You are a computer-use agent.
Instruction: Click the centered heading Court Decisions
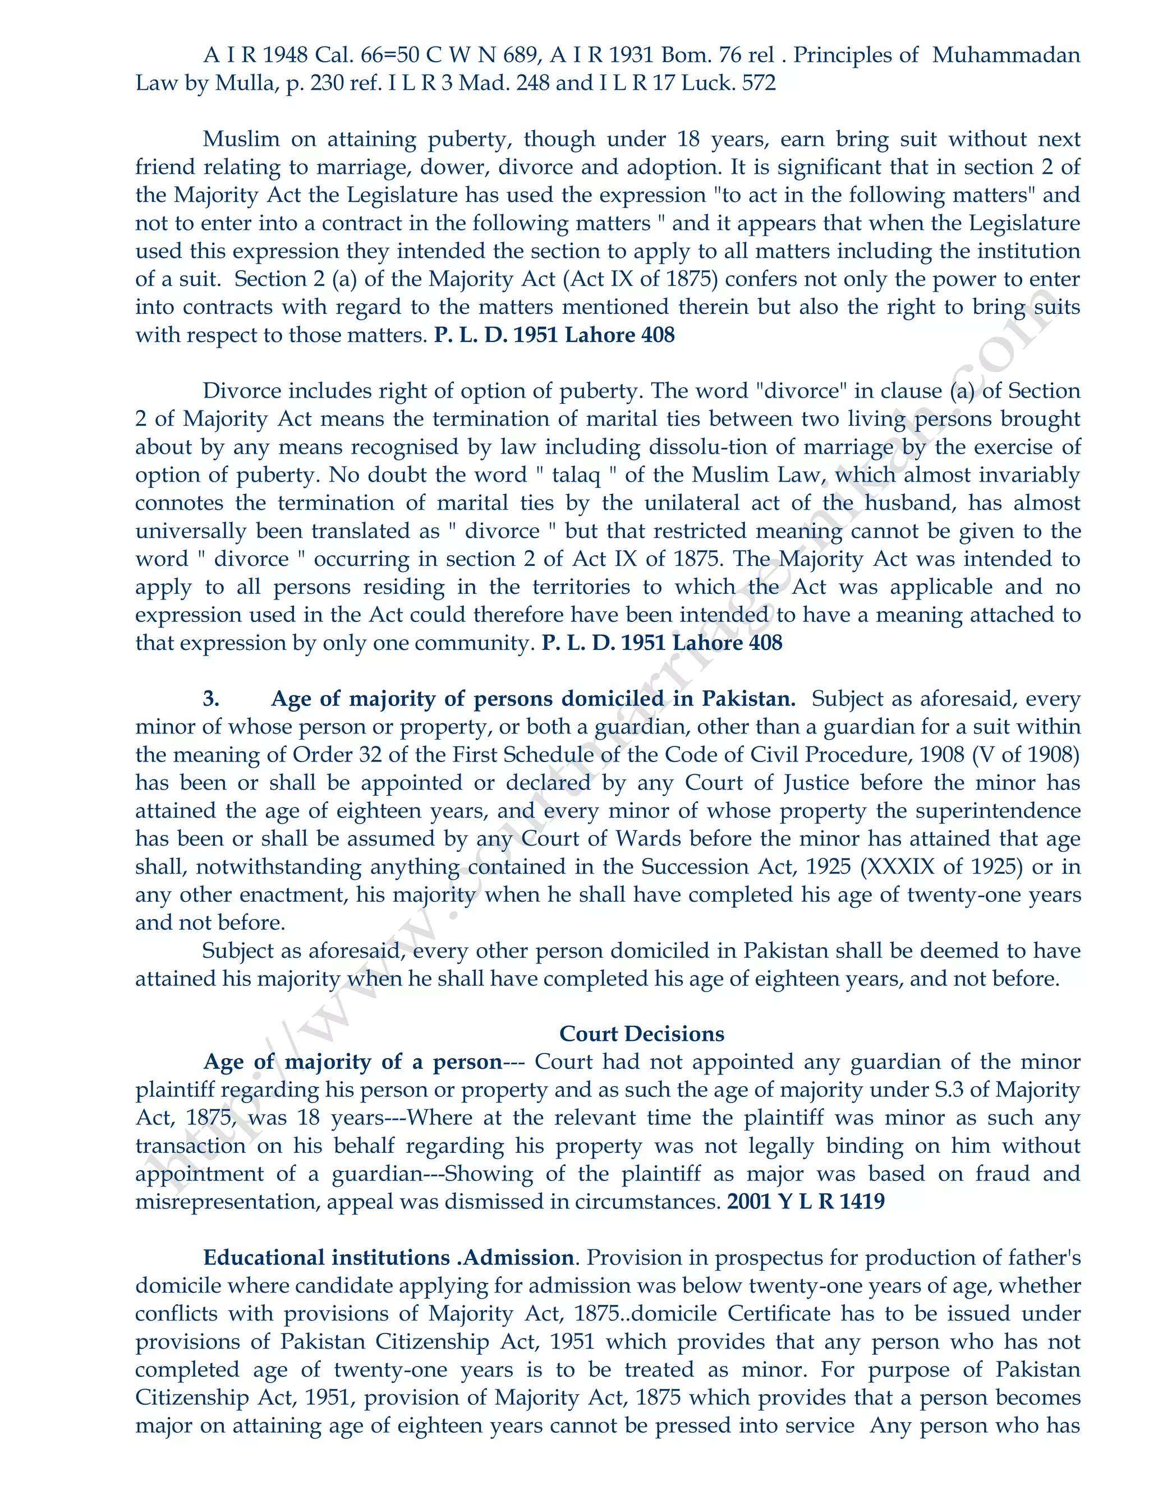(x=641, y=1034)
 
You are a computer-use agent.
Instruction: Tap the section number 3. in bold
(x=211, y=699)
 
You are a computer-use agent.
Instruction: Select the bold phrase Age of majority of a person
(x=352, y=1062)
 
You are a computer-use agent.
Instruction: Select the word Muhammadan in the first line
(x=1006, y=55)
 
